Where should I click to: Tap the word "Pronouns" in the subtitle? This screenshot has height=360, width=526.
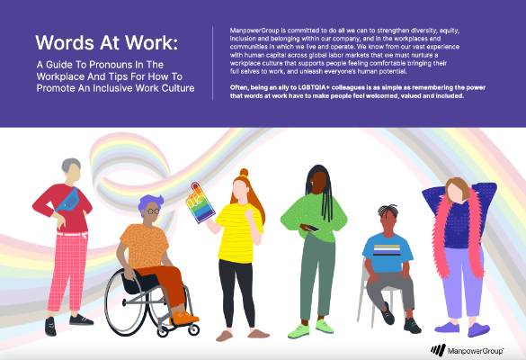coord(111,65)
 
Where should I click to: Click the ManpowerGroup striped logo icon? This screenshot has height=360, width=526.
coord(438,350)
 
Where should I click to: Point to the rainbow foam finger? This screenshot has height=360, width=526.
coord(200,203)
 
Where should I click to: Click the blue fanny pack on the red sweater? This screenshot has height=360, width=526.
coord(68,200)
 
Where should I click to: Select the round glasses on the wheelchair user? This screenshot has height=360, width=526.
coord(153,211)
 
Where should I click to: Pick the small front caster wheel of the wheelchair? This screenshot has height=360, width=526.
coord(193,329)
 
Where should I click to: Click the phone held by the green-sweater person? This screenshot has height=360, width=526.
coord(309,228)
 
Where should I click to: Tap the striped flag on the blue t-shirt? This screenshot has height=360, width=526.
coord(387,250)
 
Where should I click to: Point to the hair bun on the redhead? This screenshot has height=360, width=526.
coord(244,173)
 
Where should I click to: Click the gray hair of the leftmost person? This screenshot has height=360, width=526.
coord(71,165)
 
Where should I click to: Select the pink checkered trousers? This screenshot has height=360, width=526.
coord(68,272)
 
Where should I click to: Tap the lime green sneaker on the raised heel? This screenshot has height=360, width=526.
coord(325,326)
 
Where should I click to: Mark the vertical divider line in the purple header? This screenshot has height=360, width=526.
coord(213,63)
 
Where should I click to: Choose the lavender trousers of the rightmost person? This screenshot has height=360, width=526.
coord(462,282)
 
